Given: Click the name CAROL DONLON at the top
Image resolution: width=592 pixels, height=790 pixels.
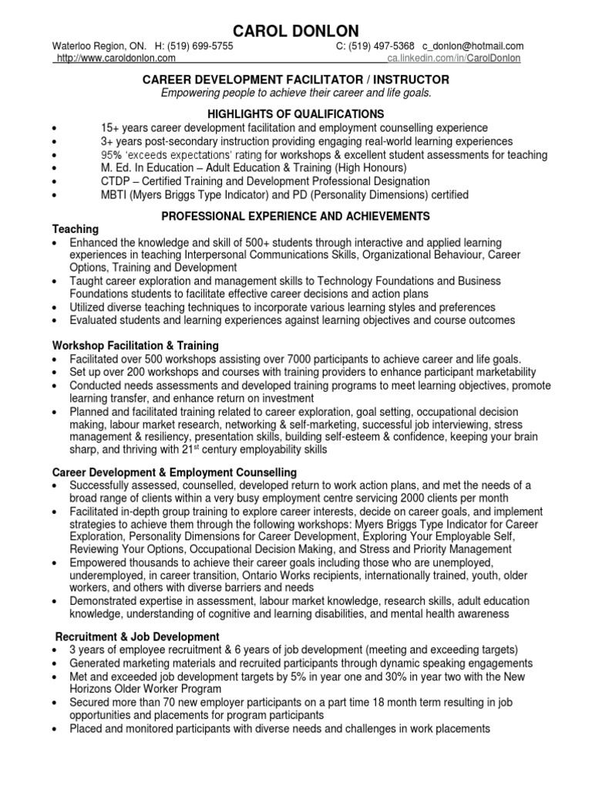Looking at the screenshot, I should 296,31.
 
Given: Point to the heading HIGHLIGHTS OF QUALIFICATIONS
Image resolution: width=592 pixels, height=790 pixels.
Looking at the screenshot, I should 296,113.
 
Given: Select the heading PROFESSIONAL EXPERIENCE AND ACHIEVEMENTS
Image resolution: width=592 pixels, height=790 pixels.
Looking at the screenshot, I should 296,215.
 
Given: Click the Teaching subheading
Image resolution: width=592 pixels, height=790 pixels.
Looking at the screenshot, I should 75,229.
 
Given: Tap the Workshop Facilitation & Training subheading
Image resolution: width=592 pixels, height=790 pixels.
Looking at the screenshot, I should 135,346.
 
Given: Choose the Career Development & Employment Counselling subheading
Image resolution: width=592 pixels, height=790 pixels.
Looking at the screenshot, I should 174,471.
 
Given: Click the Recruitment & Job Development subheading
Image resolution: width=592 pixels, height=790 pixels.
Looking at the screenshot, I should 138,636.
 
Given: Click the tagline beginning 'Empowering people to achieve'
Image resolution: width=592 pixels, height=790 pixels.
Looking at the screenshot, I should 296,93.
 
